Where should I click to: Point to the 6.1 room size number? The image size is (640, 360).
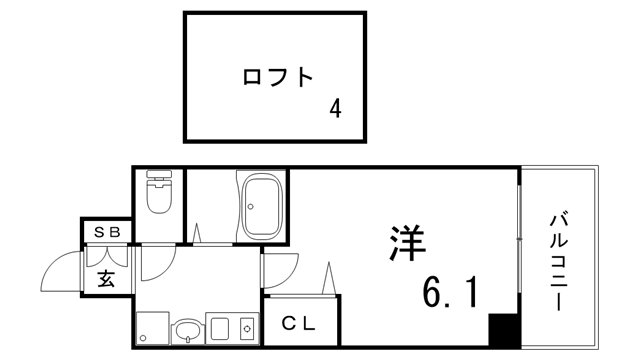449,292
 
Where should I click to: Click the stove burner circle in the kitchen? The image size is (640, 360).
245,328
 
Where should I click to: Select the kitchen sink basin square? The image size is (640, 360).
219,328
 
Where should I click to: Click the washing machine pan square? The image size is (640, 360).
151,328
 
